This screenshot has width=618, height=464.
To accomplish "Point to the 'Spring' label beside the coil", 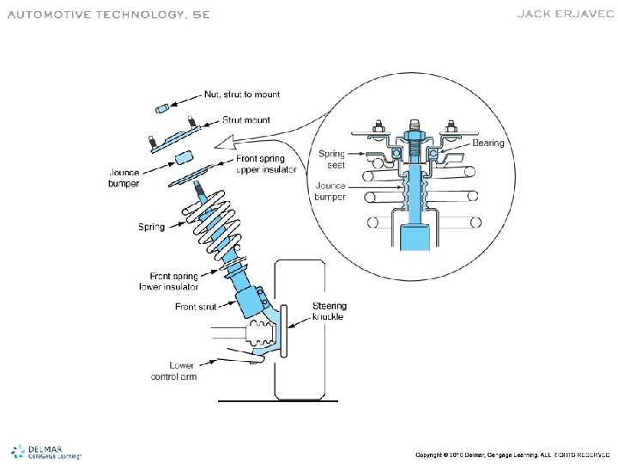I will pos(154,227).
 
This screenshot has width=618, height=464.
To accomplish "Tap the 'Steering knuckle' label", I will pos(329,311).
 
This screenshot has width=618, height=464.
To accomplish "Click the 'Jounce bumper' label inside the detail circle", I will pos(331,191).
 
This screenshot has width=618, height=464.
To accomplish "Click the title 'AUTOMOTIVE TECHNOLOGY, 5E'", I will pos(108,15).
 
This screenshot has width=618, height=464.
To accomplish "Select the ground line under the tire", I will pos(278,400).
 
